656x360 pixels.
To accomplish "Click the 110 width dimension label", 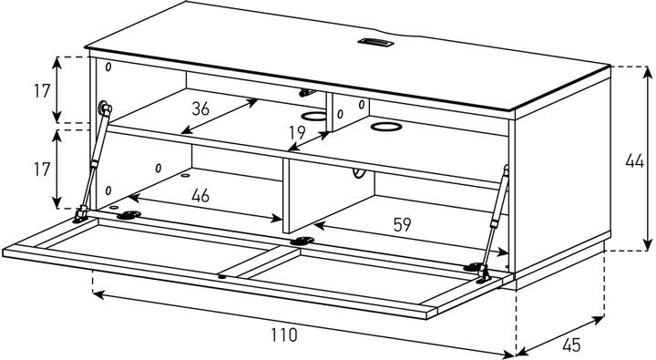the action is pos(284,334).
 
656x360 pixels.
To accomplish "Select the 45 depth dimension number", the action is pos(571,345).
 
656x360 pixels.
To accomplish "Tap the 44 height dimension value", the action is pos(634,161).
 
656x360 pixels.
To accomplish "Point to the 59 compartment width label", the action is pos(402,225).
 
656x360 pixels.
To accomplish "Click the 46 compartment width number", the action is pos(200,195).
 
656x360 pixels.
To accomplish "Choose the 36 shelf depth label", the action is pos(200,108).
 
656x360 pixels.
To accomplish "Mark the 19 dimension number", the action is pos(297,133).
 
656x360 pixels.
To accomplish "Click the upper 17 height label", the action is pos(42,91).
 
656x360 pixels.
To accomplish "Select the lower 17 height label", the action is pos(42,170).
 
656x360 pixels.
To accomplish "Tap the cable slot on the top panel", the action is pos(375,42).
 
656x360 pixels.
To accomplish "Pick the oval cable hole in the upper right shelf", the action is pos(385,127).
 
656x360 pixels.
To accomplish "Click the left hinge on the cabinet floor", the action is pos(128,215).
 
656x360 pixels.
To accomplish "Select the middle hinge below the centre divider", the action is pos(302,241).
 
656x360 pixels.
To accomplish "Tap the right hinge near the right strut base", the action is pos(473,267).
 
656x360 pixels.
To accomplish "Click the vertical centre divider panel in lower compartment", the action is pos(328,196).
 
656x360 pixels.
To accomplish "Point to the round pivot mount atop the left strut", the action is pos(103,108).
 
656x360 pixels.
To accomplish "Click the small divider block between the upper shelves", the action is pos(348,113).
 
